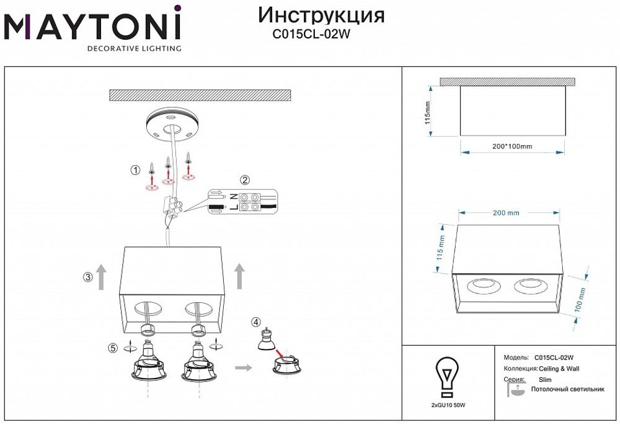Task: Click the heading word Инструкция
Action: coord(321,15)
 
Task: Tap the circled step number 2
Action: coord(245,181)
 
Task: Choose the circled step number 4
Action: coord(256,322)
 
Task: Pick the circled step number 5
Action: coord(113,348)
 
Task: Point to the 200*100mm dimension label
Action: coord(512,147)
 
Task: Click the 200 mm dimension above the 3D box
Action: coord(505,213)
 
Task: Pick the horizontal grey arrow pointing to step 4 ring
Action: coord(244,368)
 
